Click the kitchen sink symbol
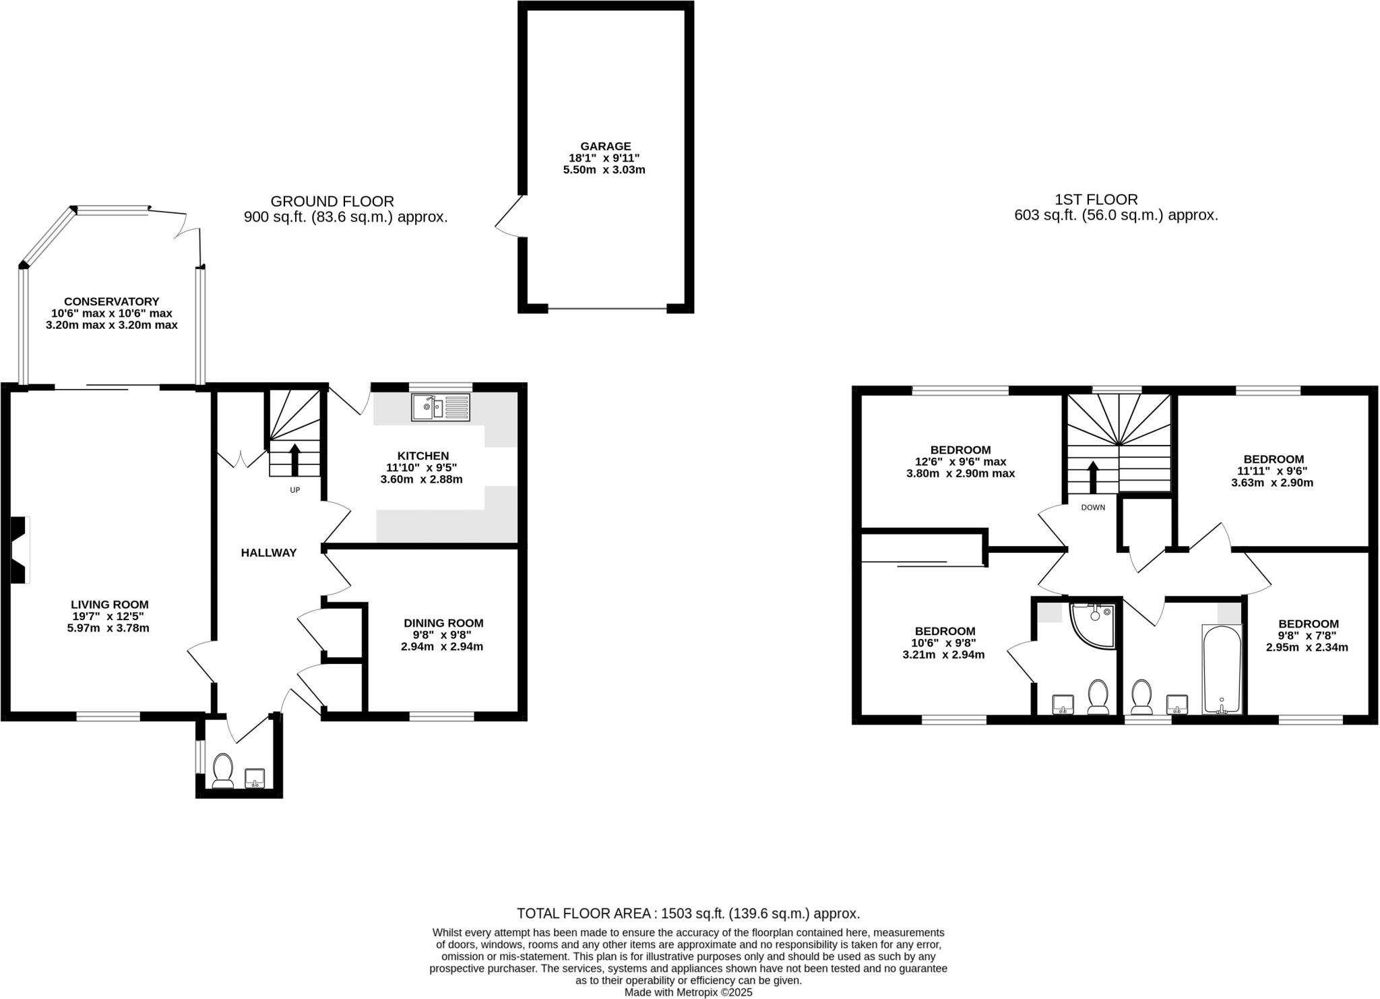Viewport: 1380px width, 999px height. tap(441, 407)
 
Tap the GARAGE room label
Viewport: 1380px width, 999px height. tap(605, 146)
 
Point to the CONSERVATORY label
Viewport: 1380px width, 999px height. tap(111, 301)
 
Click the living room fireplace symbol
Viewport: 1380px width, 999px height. tap(20, 549)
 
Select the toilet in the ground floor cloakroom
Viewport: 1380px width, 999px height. tap(222, 770)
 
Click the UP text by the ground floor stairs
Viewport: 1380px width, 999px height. tap(294, 490)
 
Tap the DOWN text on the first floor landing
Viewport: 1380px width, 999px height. tap(1093, 508)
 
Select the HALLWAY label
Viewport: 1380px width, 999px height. tap(269, 553)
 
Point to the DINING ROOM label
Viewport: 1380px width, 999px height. tap(443, 624)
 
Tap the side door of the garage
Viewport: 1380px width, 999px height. tap(509, 216)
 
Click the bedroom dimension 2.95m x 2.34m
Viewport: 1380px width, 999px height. tap(1307, 647)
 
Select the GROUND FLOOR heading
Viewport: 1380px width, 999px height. tap(332, 201)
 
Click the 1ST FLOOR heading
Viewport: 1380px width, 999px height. tap(1096, 200)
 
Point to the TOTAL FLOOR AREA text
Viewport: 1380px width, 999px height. tap(688, 913)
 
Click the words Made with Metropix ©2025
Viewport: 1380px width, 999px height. tap(688, 992)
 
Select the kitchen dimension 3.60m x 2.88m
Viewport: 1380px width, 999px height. tap(421, 479)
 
